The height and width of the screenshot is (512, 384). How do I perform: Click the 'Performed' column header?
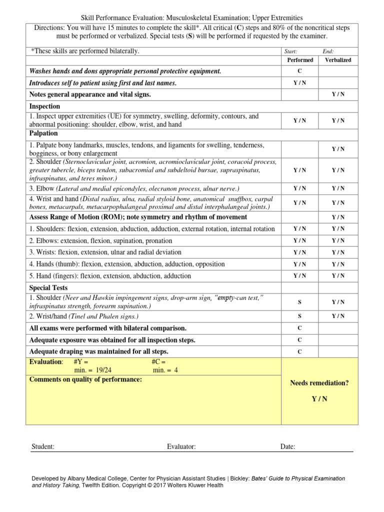coord(300,60)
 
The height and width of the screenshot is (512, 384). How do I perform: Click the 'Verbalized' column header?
coord(338,60)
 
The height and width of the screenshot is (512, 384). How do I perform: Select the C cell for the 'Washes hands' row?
coord(300,71)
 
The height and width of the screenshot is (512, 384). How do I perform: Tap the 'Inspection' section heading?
coord(44,106)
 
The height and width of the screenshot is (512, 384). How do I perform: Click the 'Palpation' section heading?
coord(43,133)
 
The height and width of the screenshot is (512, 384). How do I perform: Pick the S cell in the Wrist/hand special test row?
coord(300,316)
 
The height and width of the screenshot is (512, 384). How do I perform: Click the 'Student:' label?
coord(43,446)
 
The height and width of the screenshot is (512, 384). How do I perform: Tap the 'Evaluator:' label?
coord(181,446)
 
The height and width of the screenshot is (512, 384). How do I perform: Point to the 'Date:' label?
coord(288,446)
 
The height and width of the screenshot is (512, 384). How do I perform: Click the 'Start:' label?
coord(290,51)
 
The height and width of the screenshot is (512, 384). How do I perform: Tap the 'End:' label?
coord(328,51)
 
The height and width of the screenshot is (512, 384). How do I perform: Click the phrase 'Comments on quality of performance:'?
coord(85,379)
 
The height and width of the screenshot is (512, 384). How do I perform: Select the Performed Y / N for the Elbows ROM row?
coord(300,240)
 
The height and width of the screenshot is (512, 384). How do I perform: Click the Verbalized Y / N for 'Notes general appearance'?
coord(338,94)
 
